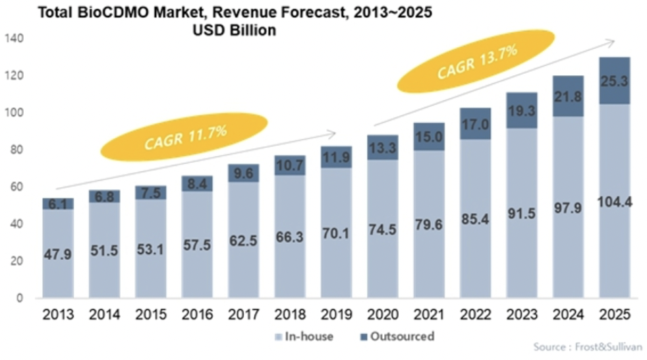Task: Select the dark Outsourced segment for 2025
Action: [615, 80]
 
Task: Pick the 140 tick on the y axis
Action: [14, 39]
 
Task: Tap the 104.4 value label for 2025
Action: [615, 203]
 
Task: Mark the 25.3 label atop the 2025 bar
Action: [615, 81]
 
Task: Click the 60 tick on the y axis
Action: [17, 187]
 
